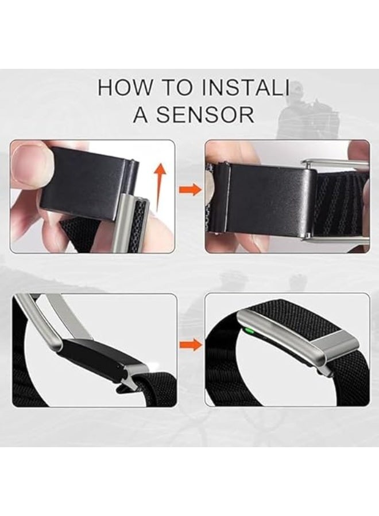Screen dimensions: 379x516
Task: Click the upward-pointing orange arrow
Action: coord(160,186)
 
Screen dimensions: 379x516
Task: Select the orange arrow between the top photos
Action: coord(190,190)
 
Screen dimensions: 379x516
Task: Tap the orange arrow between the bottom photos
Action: coord(190,345)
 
